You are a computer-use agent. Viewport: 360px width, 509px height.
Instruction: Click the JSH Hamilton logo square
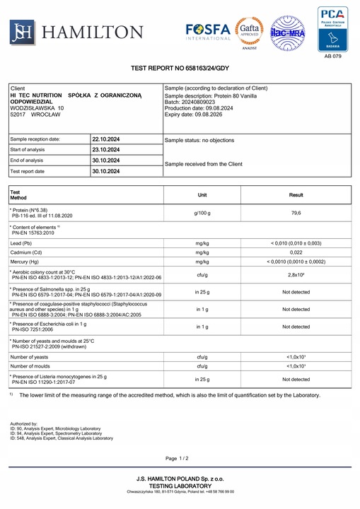pos(22,30)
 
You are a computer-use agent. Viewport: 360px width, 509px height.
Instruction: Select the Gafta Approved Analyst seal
pos(250,29)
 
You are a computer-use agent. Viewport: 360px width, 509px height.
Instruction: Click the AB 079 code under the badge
pos(332,56)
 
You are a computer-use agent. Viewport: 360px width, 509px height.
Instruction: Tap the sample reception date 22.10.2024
pos(105,139)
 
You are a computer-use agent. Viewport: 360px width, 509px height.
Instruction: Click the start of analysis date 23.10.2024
pos(105,150)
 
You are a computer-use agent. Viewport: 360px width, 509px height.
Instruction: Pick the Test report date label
pos(28,171)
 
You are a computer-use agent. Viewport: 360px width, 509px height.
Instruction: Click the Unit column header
pos(202,194)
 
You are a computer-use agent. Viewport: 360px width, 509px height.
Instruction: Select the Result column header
pos(296,194)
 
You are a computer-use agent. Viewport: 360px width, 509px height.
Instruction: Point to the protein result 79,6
pos(296,213)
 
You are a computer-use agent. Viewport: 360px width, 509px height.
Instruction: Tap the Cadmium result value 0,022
pos(296,252)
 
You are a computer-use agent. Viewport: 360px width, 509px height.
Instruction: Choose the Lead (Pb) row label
pos(26,242)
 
